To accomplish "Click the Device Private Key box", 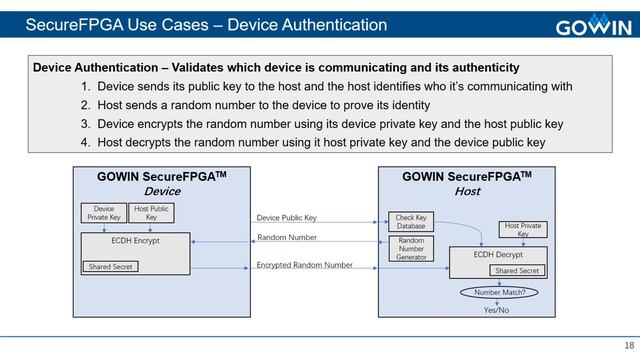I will click(103, 213).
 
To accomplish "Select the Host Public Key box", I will click(151, 213).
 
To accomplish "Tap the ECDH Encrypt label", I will click(135, 241).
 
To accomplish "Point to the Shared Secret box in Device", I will click(109, 267).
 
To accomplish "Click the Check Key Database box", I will click(411, 222).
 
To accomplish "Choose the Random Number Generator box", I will click(411, 249).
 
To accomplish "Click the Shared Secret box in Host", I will click(517, 271).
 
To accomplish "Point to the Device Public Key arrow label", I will click(287, 217).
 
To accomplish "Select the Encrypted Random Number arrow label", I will click(304, 265).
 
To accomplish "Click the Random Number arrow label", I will click(287, 238).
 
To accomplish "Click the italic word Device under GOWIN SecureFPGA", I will click(162, 191).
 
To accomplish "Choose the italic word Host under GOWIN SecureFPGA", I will click(467, 191).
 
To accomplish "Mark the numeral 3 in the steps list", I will click(86, 124).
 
